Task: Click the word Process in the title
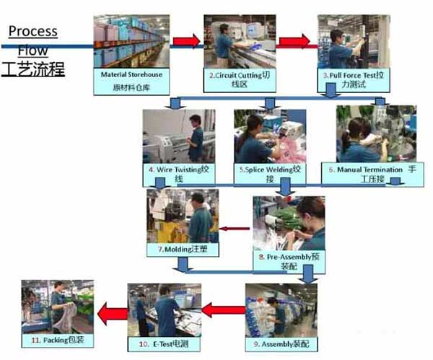pyautogui.click(x=32, y=32)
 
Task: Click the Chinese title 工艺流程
pyautogui.click(x=34, y=71)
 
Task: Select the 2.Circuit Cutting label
pyautogui.click(x=239, y=79)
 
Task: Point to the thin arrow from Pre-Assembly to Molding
pyautogui.click(x=235, y=229)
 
